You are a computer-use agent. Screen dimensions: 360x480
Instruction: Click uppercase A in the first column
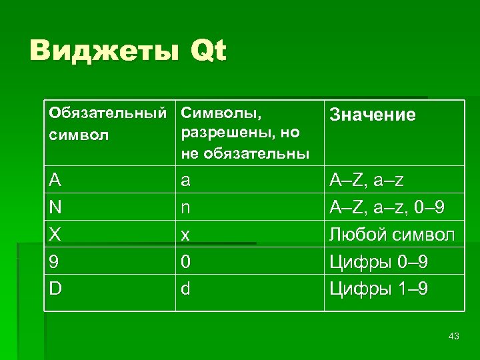[56, 181]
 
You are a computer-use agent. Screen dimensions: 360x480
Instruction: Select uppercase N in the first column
[57, 207]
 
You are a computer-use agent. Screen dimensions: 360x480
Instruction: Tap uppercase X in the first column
[56, 235]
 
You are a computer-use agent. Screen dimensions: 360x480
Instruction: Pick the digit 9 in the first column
[55, 262]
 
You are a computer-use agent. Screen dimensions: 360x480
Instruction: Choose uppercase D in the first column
[57, 289]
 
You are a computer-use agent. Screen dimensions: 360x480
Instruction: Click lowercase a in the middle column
[187, 181]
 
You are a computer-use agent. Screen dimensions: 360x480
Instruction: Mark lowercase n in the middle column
[187, 207]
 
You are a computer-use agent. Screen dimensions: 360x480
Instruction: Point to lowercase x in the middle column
[186, 235]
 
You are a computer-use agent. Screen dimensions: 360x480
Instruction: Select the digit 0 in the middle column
[187, 262]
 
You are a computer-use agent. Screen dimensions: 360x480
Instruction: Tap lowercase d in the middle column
[187, 289]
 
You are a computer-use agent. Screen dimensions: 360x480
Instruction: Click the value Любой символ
[393, 235]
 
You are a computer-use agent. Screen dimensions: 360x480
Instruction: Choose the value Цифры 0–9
[379, 262]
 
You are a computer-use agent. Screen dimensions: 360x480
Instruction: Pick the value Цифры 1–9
[379, 289]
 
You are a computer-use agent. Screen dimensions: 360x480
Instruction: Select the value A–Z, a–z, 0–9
[387, 207]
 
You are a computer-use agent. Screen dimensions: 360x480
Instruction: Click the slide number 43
[454, 336]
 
